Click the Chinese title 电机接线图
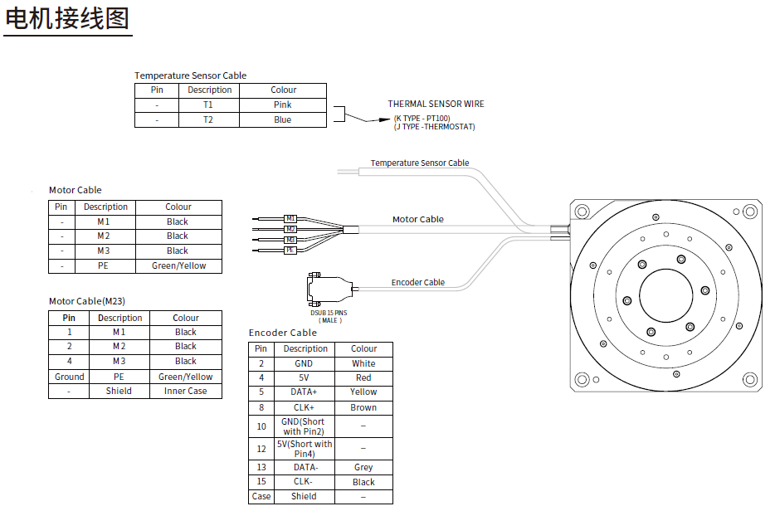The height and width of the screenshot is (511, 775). pyautogui.click(x=67, y=18)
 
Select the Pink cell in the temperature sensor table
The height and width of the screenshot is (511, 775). pyautogui.click(x=282, y=105)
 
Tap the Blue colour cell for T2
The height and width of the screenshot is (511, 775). pyautogui.click(x=282, y=119)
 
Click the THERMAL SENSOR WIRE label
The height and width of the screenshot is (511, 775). pyautogui.click(x=436, y=105)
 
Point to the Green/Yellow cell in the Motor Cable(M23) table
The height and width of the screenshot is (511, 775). pyautogui.click(x=186, y=377)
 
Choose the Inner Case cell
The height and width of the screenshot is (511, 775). pyautogui.click(x=186, y=391)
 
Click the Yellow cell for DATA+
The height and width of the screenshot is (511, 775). pyautogui.click(x=363, y=392)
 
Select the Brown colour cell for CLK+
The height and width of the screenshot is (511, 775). pyautogui.click(x=363, y=407)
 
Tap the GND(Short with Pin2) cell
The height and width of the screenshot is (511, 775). pyautogui.click(x=303, y=426)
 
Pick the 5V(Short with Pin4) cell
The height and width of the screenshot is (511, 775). pyautogui.click(x=304, y=449)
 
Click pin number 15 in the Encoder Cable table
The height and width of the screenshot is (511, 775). pyautogui.click(x=261, y=482)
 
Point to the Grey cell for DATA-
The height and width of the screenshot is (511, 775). pyautogui.click(x=363, y=467)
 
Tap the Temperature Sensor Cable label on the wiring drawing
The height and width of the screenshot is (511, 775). pyautogui.click(x=419, y=163)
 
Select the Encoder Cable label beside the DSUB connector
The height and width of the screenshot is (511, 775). pyautogui.click(x=417, y=282)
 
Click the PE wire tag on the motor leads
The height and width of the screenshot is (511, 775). pyautogui.click(x=290, y=250)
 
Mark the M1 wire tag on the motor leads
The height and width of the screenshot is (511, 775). pyautogui.click(x=290, y=218)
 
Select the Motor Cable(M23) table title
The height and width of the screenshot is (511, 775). pyautogui.click(x=87, y=301)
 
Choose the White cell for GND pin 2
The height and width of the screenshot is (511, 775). pyautogui.click(x=363, y=363)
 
